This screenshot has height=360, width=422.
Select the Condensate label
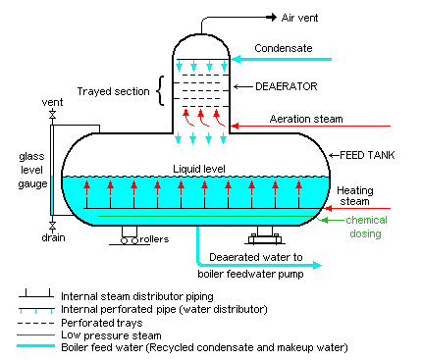click(x=285, y=47)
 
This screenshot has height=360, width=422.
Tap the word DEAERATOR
click(x=284, y=86)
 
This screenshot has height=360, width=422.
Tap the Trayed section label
click(x=114, y=92)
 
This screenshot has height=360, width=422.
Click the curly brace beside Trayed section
click(x=160, y=91)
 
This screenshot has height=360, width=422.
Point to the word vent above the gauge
click(x=52, y=102)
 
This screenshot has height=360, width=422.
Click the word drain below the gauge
click(x=53, y=237)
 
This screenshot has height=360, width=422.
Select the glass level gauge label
click(x=21, y=171)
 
